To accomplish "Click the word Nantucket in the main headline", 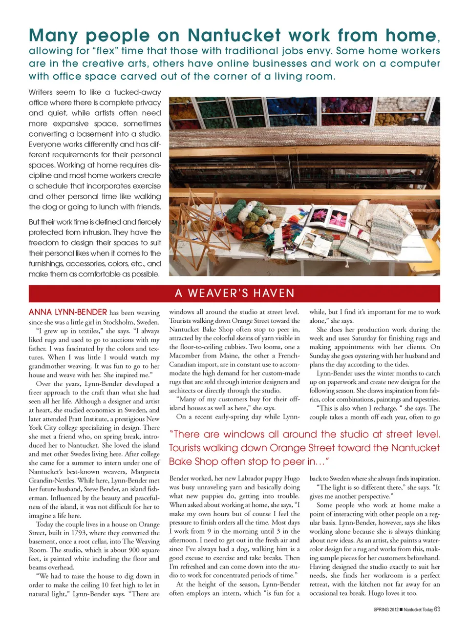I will [x=234, y=36].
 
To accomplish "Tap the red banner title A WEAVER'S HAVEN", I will [x=234, y=293].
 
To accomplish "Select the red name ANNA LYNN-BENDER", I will [x=68, y=312].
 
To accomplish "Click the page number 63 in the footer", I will [x=437, y=609].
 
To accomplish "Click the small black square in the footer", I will [x=401, y=609].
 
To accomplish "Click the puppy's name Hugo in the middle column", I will [x=292, y=479].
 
